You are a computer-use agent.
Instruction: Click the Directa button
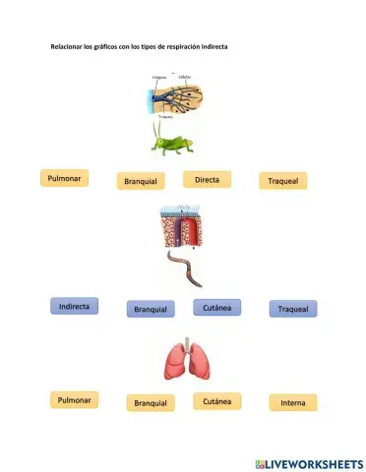[x=208, y=179]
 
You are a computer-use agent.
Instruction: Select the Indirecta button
[x=75, y=307]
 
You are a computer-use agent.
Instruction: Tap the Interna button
[x=292, y=402]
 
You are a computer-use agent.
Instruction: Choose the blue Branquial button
[x=151, y=309]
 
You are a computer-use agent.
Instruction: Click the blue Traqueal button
[x=293, y=309]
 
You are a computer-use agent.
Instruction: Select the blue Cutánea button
[x=216, y=307]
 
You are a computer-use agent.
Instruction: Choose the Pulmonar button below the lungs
[x=75, y=400]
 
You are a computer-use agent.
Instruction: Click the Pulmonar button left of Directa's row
[x=65, y=178]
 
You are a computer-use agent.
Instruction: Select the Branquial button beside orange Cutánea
[x=151, y=403]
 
